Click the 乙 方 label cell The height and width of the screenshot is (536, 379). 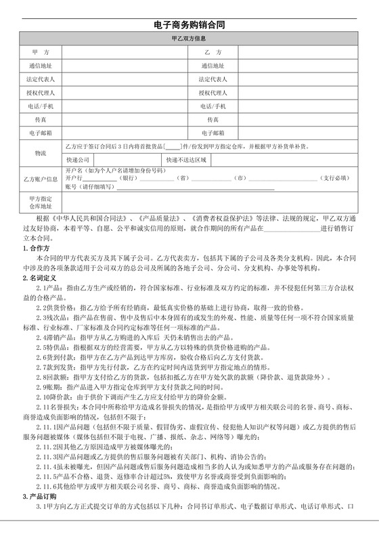(x=213, y=52)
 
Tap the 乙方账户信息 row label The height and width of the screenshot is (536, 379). (x=41, y=179)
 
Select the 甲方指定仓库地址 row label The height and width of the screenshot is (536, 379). (x=41, y=202)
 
